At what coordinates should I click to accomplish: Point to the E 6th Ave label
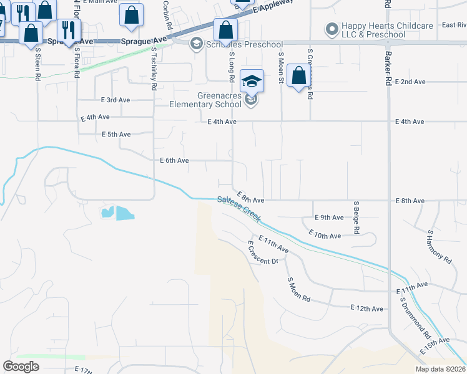[x=175, y=160]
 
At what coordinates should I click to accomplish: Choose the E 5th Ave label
[x=116, y=134]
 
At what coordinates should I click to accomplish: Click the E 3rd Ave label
[x=116, y=100]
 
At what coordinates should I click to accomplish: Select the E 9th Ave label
[x=330, y=218]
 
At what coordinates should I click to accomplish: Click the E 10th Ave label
[x=325, y=236]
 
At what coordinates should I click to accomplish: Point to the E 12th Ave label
[x=367, y=309]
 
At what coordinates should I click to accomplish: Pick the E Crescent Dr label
[x=262, y=252]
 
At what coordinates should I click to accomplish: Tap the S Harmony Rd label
[x=440, y=246]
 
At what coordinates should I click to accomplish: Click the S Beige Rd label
[x=356, y=218]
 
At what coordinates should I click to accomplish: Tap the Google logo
[x=21, y=367]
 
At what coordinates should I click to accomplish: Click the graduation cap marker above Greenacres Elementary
[x=252, y=81]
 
